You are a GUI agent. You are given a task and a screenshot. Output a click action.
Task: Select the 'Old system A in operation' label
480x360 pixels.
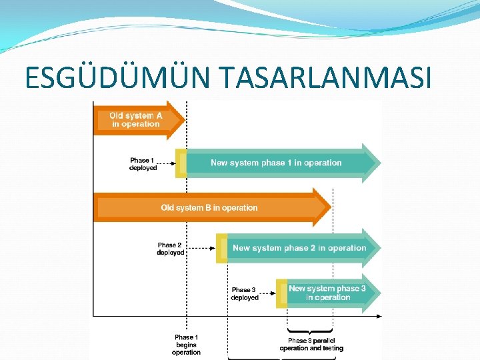pos(136,120)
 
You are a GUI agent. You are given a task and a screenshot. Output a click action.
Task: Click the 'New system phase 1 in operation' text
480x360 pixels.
pos(276,163)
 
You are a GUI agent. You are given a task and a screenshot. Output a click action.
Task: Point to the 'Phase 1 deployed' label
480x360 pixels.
pos(143,164)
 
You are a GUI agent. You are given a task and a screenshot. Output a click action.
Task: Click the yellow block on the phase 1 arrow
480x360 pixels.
pos(181,163)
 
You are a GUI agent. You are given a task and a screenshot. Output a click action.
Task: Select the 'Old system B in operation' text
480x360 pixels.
pos(209,207)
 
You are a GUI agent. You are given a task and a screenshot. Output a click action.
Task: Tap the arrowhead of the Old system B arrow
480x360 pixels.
pos(322,207)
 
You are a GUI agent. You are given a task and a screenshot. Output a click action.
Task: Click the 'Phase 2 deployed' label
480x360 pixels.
pos(171,249)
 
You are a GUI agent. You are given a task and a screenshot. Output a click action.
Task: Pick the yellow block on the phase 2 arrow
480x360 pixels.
pos(221,248)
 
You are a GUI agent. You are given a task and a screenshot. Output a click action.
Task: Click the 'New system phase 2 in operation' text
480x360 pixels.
pos(299,248)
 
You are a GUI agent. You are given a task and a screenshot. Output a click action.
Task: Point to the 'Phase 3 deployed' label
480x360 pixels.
pos(245,294)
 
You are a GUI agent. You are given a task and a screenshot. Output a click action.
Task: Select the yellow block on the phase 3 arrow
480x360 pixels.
pos(281,293)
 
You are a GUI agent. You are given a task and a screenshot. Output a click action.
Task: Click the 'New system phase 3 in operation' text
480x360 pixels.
pos(327,293)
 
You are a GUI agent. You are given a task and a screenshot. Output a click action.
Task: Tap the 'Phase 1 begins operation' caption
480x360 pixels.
pos(187,345)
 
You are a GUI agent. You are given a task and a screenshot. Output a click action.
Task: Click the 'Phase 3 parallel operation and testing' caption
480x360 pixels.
pos(311,344)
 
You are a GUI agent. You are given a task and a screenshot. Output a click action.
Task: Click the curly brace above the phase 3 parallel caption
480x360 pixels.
pos(310,330)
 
